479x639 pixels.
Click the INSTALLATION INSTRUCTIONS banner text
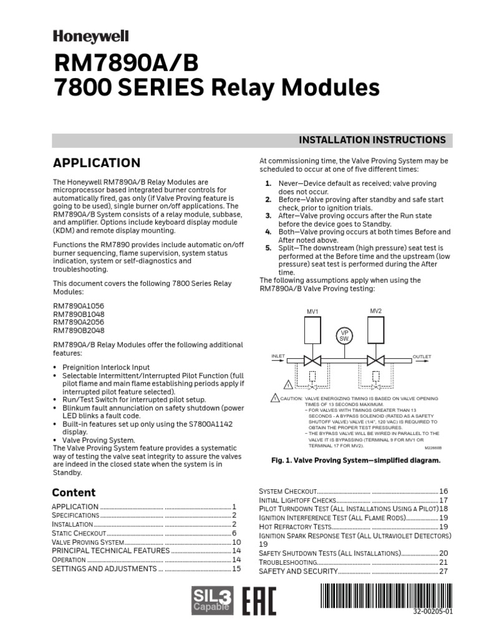pos(373,140)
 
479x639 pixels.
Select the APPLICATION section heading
pos(96,163)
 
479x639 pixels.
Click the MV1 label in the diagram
pos(312,311)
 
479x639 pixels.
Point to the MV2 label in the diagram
pos(375,311)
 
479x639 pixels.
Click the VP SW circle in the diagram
pos(344,335)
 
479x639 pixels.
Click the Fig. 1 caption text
pos(356,460)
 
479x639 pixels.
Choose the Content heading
pos(74,492)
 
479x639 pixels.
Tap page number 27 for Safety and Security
pos(443,571)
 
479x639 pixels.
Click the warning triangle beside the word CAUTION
pos(274,398)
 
